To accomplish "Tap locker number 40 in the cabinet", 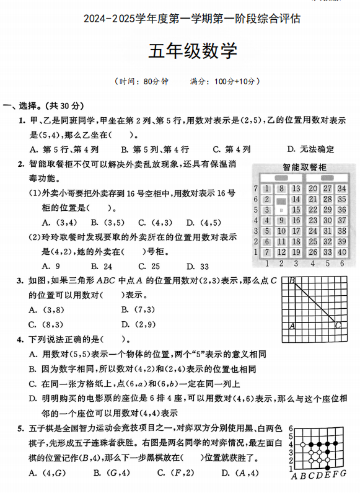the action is coord(342,252).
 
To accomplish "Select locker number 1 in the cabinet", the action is coord(266,189).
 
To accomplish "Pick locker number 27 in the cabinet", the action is coord(327,189).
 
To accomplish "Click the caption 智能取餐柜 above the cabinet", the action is coord(304,167).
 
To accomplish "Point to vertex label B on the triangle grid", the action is coord(291,280).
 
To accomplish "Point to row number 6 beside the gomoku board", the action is coord(291,430).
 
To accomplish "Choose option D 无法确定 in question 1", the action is coord(310,149).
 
